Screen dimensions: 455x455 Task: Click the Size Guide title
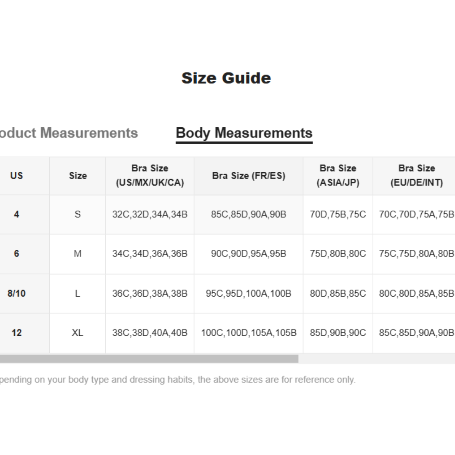pyautogui.click(x=226, y=78)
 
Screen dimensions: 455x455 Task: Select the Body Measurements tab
pyautogui.click(x=244, y=133)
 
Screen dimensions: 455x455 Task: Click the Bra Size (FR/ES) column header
pyautogui.click(x=249, y=176)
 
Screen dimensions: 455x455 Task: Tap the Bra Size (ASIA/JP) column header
pyautogui.click(x=338, y=176)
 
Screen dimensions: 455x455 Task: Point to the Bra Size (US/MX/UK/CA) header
pyautogui.click(x=150, y=176)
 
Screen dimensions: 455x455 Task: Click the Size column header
pyautogui.click(x=78, y=176)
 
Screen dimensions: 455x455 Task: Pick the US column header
pyautogui.click(x=17, y=176)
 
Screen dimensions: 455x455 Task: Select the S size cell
pyautogui.click(x=78, y=214)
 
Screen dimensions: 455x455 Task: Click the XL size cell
pyautogui.click(x=78, y=333)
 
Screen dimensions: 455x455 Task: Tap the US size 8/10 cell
pyautogui.click(x=17, y=293)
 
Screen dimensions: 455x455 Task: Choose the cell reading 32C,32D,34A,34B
pyautogui.click(x=150, y=214)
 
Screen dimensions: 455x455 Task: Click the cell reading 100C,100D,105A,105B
pyautogui.click(x=249, y=333)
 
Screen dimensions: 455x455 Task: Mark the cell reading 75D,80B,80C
pyautogui.click(x=338, y=254)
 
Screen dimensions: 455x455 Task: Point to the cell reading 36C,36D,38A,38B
pyautogui.click(x=150, y=293)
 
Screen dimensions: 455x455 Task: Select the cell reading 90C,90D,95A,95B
pyautogui.click(x=249, y=254)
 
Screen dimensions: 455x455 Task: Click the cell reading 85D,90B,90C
pyautogui.click(x=338, y=333)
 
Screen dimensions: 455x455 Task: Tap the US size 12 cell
pyautogui.click(x=17, y=333)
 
